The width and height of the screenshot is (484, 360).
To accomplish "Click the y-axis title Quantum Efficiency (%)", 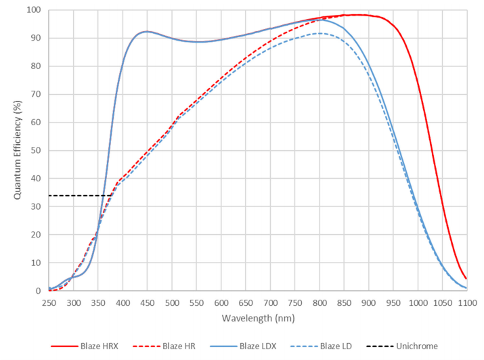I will [18, 150].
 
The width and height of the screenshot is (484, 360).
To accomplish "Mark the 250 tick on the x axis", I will [49, 303].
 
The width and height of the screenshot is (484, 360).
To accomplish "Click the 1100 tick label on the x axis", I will [466, 303].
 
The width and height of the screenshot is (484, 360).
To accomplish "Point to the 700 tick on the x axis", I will [270, 303].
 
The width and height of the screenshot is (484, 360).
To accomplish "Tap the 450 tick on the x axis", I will [147, 303].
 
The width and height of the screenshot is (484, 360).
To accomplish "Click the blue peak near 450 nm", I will [146, 31].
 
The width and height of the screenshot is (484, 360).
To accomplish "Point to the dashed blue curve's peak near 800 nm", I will [318, 33].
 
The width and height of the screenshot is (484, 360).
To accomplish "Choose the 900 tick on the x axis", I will [368, 303].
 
